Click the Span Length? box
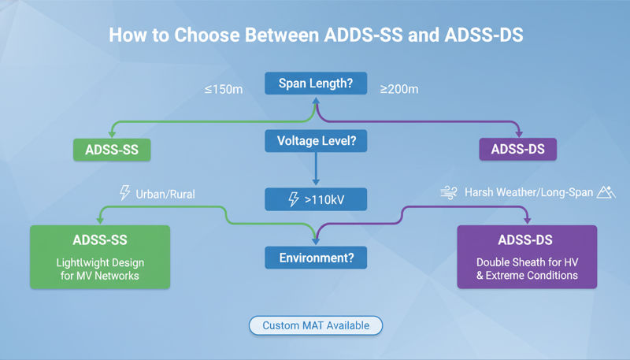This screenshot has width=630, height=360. pyautogui.click(x=315, y=83)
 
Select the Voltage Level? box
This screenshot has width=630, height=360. pyautogui.click(x=315, y=142)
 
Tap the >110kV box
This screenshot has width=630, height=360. pyautogui.click(x=315, y=199)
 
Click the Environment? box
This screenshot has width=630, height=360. pyautogui.click(x=315, y=257)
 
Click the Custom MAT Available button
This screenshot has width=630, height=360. pyautogui.click(x=315, y=325)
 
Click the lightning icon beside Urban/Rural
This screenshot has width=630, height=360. pyautogui.click(x=124, y=192)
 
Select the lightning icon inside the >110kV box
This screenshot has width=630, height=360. pyautogui.click(x=293, y=199)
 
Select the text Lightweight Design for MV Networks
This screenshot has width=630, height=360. pyautogui.click(x=99, y=268)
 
